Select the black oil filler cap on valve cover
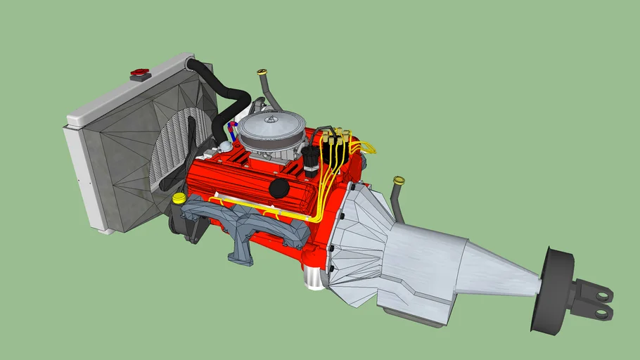[280, 188]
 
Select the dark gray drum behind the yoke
[552, 288]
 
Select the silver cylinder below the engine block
[314, 277]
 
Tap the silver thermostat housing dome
[224, 146]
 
